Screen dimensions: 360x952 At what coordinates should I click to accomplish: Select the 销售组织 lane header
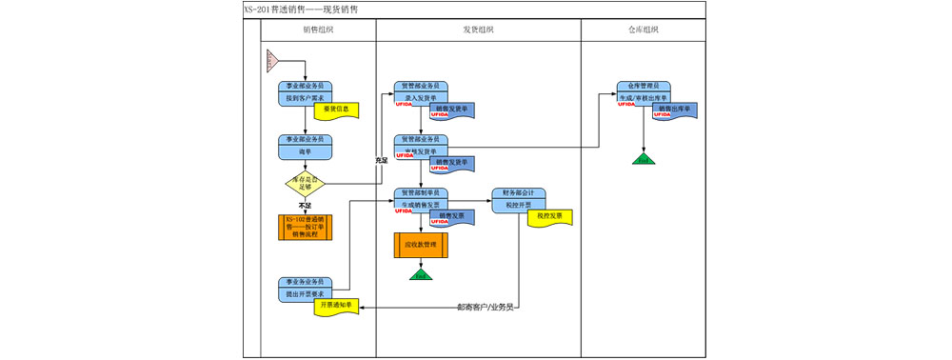pyautogui.click(x=318, y=30)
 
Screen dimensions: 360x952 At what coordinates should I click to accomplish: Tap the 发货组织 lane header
pyautogui.click(x=478, y=30)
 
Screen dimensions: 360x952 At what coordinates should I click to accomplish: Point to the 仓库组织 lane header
pyautogui.click(x=644, y=30)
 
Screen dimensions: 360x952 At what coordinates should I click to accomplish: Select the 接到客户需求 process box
pyautogui.click(x=305, y=97)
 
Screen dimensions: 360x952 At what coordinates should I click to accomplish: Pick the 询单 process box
pyautogui.click(x=305, y=150)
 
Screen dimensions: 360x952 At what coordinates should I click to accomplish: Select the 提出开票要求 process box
pyautogui.click(x=305, y=294)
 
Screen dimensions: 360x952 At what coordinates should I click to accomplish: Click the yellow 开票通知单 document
pyautogui.click(x=336, y=307)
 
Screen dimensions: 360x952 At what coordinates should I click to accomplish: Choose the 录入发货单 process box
pyautogui.click(x=420, y=97)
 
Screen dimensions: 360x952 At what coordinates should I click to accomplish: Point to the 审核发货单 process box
pyautogui.click(x=420, y=150)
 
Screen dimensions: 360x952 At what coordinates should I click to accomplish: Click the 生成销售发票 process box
pyautogui.click(x=420, y=204)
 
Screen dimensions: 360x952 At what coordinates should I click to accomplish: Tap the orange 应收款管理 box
pyautogui.click(x=420, y=245)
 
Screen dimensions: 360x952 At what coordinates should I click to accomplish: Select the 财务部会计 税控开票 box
pyautogui.click(x=518, y=204)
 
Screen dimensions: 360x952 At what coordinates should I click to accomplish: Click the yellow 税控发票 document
pyautogui.click(x=549, y=216)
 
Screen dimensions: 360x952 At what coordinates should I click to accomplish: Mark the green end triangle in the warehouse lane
pyautogui.click(x=645, y=158)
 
